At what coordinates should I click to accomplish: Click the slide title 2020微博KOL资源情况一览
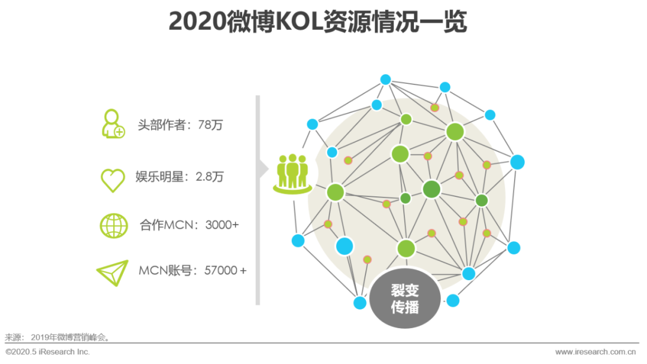(318, 22)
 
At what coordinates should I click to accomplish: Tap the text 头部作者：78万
(180, 126)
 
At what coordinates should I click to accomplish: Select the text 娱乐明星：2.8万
(180, 177)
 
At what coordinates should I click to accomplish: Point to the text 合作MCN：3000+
(189, 225)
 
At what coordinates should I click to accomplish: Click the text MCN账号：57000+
(192, 270)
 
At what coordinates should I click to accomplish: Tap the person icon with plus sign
(113, 125)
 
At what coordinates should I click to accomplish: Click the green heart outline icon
(113, 179)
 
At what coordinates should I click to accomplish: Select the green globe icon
(113, 226)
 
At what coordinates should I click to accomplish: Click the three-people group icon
(292, 173)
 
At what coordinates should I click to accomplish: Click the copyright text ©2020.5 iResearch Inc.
(48, 352)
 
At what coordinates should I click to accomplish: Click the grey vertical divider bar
(258, 239)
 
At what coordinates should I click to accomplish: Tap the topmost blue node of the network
(385, 79)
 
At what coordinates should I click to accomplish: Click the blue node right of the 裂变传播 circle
(453, 301)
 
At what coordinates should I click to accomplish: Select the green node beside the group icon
(335, 192)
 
